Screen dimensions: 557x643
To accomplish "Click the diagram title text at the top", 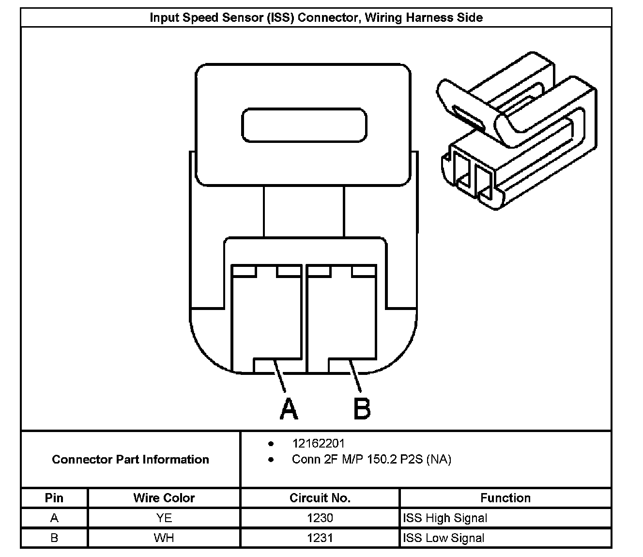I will (x=316, y=18).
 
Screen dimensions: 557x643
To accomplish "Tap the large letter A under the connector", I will (x=289, y=409).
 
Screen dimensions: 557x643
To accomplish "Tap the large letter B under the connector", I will (x=362, y=409).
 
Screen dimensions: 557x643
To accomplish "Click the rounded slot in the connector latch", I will (x=304, y=125).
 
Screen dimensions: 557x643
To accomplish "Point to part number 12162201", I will (x=318, y=444).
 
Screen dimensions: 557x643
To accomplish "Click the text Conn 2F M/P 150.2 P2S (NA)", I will (x=371, y=459).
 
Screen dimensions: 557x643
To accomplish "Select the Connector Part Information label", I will (x=130, y=459).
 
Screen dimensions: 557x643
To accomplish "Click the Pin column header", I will (x=54, y=498).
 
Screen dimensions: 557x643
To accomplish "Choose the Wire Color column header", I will (x=164, y=498).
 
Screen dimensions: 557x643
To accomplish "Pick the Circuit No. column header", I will (x=320, y=498).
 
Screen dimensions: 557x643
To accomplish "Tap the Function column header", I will (x=505, y=498).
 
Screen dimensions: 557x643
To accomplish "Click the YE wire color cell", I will (x=164, y=518).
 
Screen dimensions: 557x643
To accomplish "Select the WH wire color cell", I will (x=164, y=538).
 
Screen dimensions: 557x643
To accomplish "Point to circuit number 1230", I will (x=320, y=518).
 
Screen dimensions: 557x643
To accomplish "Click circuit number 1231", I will (x=320, y=538).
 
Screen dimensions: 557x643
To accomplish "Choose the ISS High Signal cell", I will (x=445, y=518).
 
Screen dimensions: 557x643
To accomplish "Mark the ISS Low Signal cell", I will (x=444, y=538).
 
